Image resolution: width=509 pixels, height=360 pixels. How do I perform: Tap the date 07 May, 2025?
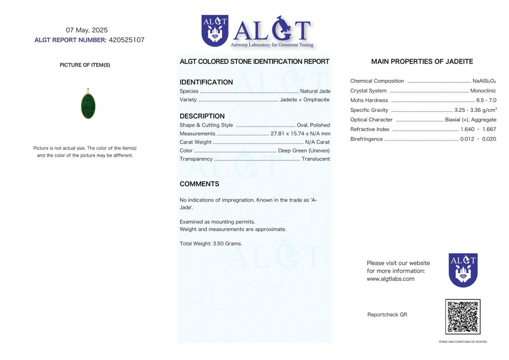pyautogui.click(x=87, y=30)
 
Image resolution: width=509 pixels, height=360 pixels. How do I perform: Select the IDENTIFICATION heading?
pyautogui.click(x=206, y=82)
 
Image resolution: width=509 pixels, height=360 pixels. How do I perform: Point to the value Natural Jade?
pyautogui.click(x=315, y=91)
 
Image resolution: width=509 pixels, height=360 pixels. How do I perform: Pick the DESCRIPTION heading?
pyautogui.click(x=202, y=116)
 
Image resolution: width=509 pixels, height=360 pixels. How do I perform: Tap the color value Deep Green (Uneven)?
pyautogui.click(x=304, y=150)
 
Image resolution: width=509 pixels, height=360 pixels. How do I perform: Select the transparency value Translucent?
pyautogui.click(x=316, y=159)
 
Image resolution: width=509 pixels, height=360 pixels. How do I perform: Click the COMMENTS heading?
pyautogui.click(x=199, y=184)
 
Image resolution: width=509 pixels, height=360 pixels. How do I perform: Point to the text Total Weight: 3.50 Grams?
pyautogui.click(x=210, y=244)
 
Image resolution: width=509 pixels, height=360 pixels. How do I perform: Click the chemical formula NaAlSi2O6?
pyautogui.click(x=484, y=81)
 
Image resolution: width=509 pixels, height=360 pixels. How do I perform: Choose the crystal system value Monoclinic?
pyautogui.click(x=483, y=91)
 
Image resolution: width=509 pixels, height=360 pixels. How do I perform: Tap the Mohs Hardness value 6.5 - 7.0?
pyautogui.click(x=486, y=100)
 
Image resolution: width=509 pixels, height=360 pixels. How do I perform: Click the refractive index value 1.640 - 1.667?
pyautogui.click(x=478, y=129)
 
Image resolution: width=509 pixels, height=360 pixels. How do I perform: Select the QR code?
pyautogui.click(x=462, y=317)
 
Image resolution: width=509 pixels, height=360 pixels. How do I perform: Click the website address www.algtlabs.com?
pyautogui.click(x=390, y=279)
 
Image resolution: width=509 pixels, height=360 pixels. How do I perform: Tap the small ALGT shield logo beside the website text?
pyautogui.click(x=462, y=270)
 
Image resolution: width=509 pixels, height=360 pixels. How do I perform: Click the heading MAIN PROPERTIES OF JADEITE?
pyautogui.click(x=422, y=62)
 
